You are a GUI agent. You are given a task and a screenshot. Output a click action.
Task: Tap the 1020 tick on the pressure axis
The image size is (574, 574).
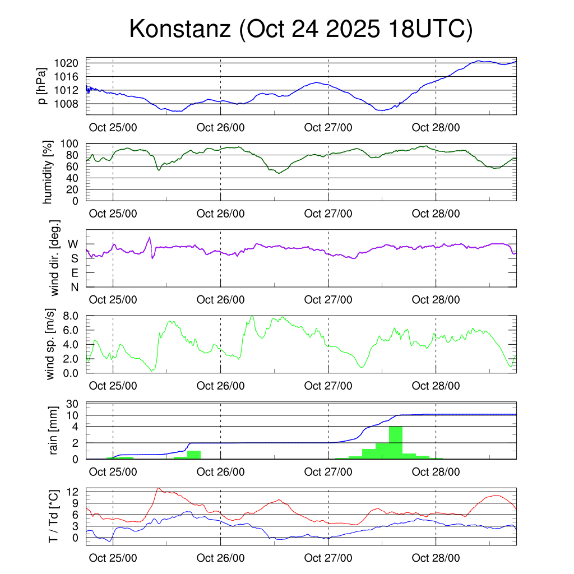pyautogui.click(x=69, y=63)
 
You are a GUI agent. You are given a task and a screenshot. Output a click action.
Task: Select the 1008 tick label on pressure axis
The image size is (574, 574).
pyautogui.click(x=69, y=104)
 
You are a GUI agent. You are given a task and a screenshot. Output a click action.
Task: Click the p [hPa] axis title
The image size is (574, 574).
pyautogui.click(x=42, y=87)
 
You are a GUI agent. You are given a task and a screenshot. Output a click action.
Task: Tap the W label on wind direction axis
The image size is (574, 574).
pyautogui.click(x=73, y=244)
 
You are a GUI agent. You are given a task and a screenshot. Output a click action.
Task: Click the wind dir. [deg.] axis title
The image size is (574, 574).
pyautogui.click(x=55, y=258)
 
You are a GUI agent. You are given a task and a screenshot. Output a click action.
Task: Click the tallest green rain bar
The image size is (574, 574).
pyautogui.click(x=395, y=442)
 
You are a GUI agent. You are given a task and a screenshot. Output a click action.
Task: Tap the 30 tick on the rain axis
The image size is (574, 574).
pyautogui.click(x=73, y=404)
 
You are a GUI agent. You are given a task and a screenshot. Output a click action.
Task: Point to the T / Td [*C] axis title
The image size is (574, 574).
pyautogui.click(x=54, y=516)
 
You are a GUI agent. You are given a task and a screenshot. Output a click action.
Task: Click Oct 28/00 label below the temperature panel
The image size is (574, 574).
pyautogui.click(x=436, y=558)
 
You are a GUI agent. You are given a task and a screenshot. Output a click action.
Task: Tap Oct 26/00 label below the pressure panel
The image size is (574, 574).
pyautogui.click(x=221, y=128)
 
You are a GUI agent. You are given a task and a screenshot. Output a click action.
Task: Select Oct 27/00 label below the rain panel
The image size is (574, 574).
pyautogui.click(x=328, y=472)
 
